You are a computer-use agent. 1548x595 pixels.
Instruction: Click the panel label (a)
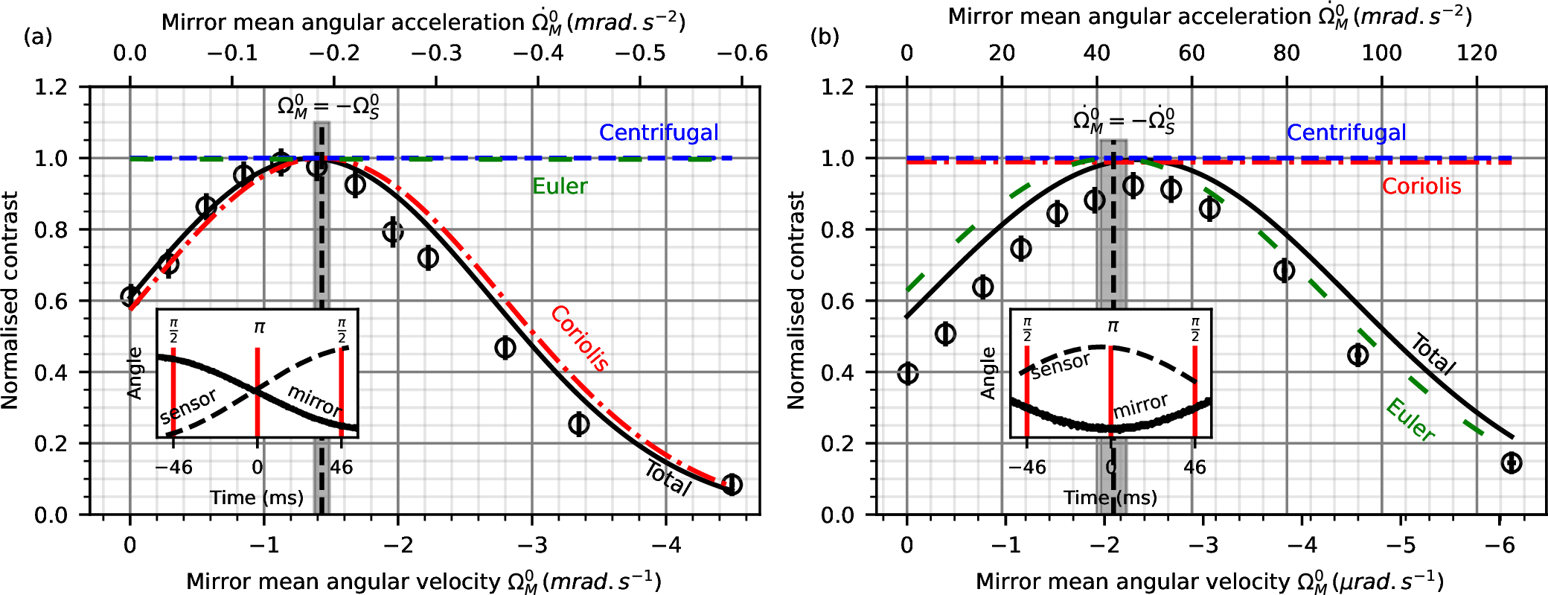pos(38,36)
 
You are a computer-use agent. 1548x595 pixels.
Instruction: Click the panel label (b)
pos(825,36)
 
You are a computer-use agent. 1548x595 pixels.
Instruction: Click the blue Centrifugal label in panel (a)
pos(659,133)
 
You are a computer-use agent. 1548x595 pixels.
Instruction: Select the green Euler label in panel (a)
pos(560,186)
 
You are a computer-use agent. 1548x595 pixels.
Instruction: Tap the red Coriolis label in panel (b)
pos(1421,186)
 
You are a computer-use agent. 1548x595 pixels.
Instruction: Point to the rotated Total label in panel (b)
pos(1433,354)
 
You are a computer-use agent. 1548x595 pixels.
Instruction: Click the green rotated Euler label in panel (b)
pos(1410,420)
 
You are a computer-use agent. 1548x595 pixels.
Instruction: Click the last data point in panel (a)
pos(732,484)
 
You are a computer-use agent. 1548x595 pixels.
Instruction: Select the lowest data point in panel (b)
pos(1511,462)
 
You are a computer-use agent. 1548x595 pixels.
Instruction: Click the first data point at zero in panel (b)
pos(907,373)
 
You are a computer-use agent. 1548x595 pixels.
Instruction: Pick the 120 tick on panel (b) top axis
pos(1477,53)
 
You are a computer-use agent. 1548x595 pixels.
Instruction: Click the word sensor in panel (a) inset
pos(188,407)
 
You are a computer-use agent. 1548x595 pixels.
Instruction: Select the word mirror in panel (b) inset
pos(1140,406)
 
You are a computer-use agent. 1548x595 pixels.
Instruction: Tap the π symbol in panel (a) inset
pos(258,327)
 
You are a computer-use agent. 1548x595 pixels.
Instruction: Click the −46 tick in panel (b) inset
pos(1027,468)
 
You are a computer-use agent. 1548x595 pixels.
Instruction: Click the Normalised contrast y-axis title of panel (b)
pos(796,300)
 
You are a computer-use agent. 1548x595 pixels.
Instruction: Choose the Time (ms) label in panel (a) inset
pos(257,497)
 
